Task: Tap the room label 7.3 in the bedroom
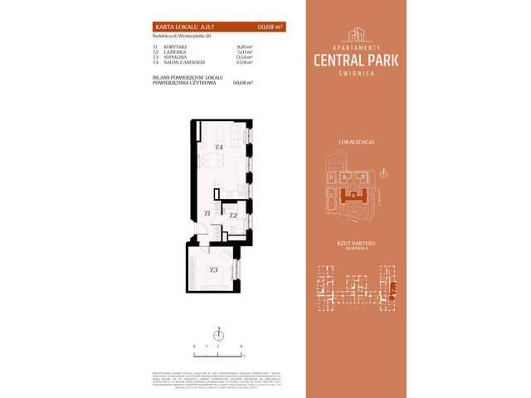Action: [x=213, y=269]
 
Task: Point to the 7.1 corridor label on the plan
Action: [x=206, y=214]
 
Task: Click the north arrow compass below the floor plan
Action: [x=219, y=334]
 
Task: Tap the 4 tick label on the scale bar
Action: [x=241, y=345]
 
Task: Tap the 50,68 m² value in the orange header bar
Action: [x=269, y=27]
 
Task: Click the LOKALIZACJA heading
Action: [x=358, y=143]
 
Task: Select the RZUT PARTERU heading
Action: [x=358, y=243]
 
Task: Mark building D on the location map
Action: [x=332, y=177]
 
